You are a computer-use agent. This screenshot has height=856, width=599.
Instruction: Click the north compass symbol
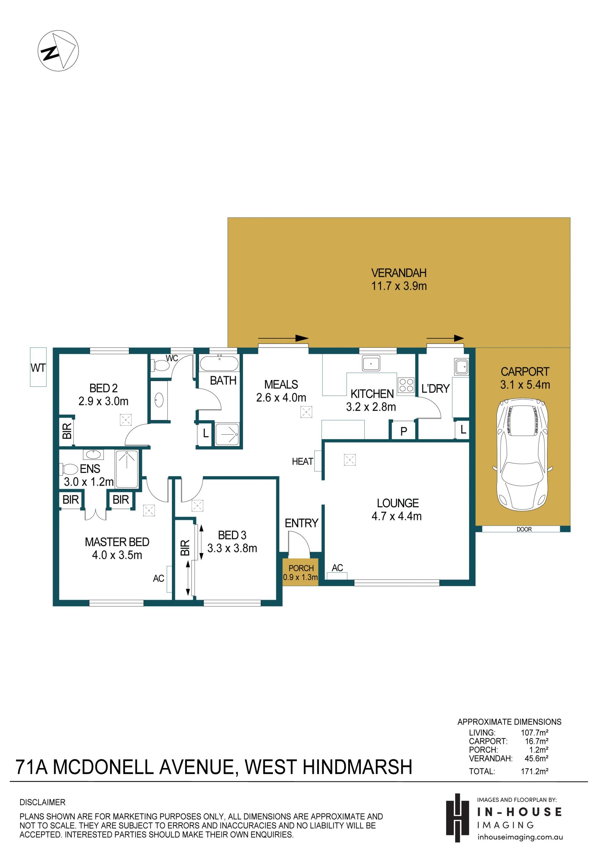(58, 50)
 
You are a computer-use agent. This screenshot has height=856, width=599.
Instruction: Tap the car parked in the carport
(522, 455)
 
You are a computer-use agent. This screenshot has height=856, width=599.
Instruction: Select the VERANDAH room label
(399, 273)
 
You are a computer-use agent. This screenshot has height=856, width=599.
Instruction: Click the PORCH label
(301, 568)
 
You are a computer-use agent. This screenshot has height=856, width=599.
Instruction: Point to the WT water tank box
(38, 367)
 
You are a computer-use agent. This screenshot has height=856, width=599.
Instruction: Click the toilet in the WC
(160, 365)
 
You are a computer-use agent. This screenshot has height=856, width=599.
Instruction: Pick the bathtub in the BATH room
(219, 364)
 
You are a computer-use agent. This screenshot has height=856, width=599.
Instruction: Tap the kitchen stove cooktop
(406, 385)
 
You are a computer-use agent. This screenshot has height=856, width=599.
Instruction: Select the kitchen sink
(371, 363)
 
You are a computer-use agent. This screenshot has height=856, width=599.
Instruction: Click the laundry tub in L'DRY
(461, 367)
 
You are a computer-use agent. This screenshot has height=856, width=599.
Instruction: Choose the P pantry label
(403, 432)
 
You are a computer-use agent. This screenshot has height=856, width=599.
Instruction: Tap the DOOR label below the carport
(524, 529)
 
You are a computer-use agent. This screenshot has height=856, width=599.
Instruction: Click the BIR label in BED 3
(185, 548)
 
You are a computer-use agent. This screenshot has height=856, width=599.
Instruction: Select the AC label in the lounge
(337, 568)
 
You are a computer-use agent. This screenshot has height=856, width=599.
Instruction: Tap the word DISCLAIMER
(42, 802)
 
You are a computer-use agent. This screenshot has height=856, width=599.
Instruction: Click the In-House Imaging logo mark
(457, 818)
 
